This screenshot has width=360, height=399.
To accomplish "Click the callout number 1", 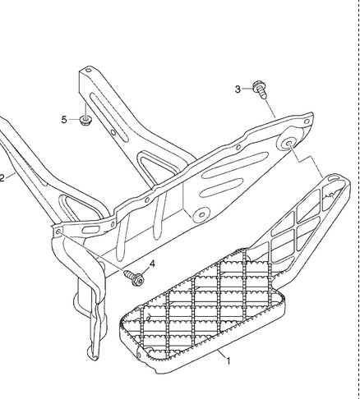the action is tap(228, 361).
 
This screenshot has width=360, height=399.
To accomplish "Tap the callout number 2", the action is tap(2, 179).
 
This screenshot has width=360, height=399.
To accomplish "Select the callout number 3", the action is tap(238, 89).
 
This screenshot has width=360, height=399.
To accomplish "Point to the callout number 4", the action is tap(152, 264).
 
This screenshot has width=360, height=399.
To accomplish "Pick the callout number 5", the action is tap(64, 120).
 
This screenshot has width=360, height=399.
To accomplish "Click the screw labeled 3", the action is tap(260, 89).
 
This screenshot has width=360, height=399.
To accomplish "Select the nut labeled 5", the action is tap(85, 120).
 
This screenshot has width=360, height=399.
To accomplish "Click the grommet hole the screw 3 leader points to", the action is tap(288, 143).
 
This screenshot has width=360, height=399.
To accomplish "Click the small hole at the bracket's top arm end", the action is tap(88, 71).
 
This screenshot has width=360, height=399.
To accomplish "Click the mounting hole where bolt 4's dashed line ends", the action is tap(58, 232).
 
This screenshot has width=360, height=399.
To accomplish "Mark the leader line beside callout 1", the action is tap(222, 354).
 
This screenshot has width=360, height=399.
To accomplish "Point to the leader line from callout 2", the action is tap(10, 176).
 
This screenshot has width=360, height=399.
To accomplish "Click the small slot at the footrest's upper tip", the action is tap(334, 179).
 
